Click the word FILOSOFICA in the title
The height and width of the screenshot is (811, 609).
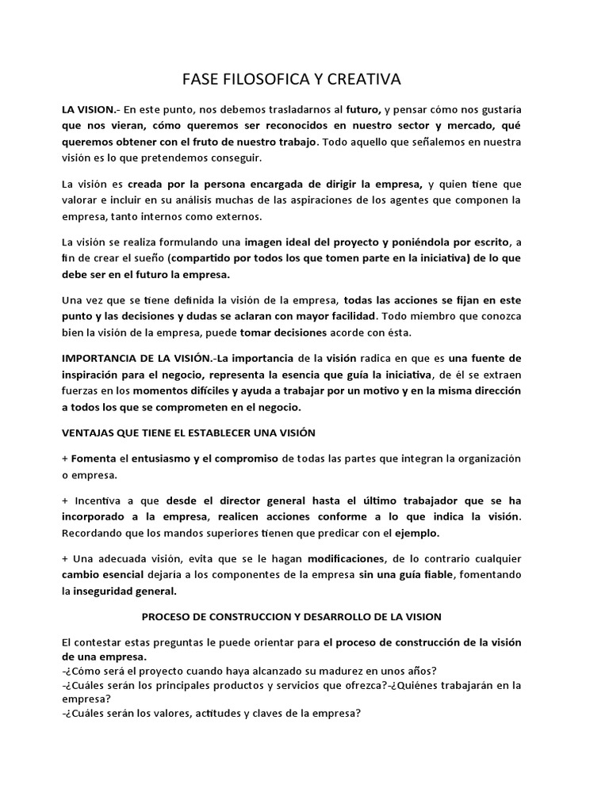click(x=254, y=79)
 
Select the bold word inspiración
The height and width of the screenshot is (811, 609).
click(x=93, y=375)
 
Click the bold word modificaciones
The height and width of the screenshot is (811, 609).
click(x=347, y=558)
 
